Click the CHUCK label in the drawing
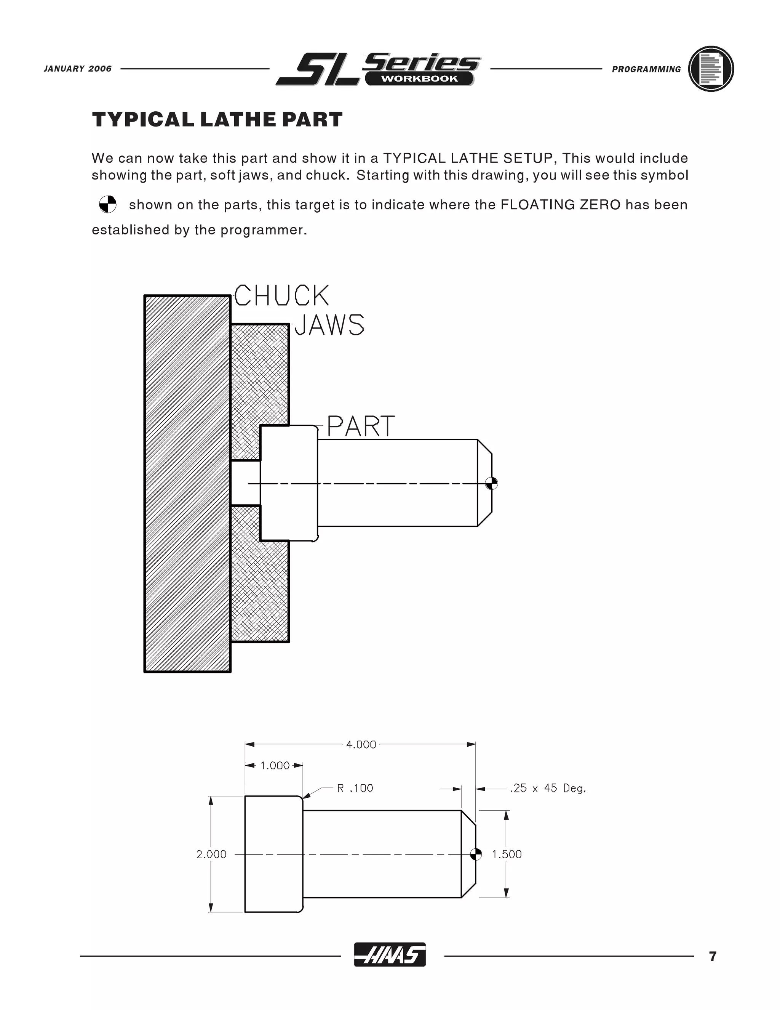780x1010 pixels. [x=281, y=296]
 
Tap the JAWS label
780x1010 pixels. [x=329, y=325]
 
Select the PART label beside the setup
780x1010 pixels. [x=360, y=426]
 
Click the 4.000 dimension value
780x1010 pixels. [x=361, y=745]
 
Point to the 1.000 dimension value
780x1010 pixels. [x=275, y=766]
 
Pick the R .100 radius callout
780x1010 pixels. [x=355, y=789]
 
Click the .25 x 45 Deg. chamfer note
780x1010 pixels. [x=548, y=789]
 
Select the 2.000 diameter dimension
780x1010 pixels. [x=211, y=854]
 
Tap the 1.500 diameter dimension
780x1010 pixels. [x=507, y=854]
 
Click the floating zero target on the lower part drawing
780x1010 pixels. [x=475, y=854]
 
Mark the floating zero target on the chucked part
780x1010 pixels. [x=492, y=484]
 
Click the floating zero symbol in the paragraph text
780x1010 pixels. [x=108, y=204]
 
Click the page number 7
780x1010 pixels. [x=713, y=956]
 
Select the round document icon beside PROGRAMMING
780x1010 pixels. [x=711, y=69]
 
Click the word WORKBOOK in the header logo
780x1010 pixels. [x=419, y=79]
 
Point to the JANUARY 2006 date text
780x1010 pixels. [x=78, y=69]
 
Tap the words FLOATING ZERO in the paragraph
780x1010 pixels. [x=560, y=205]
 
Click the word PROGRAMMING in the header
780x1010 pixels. [x=646, y=69]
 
